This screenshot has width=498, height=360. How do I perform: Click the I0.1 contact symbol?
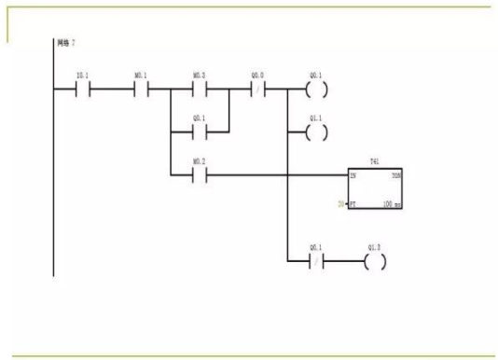pyautogui.click(x=83, y=90)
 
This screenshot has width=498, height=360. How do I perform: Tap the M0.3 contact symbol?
pyautogui.click(x=199, y=90)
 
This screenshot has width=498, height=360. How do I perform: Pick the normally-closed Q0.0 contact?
pyautogui.click(x=258, y=90)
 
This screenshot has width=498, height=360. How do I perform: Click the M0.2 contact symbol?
pyautogui.click(x=199, y=174)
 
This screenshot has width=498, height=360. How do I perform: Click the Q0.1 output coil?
pyautogui.click(x=317, y=90)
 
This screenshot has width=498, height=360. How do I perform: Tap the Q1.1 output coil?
pyautogui.click(x=317, y=132)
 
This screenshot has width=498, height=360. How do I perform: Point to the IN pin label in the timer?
pyautogui.click(x=353, y=174)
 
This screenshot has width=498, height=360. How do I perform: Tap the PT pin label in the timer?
pyautogui.click(x=353, y=202)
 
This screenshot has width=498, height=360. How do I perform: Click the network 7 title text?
pyautogui.click(x=64, y=43)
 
